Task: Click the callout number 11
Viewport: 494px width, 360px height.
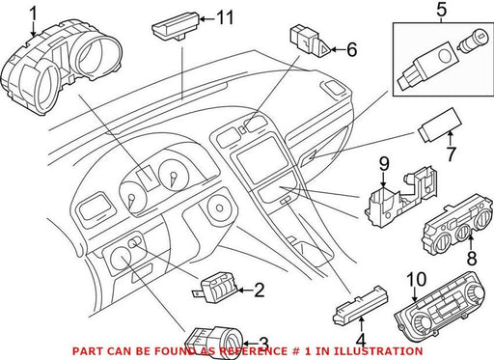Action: click(x=224, y=18)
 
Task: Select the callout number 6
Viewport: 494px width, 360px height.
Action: click(x=351, y=49)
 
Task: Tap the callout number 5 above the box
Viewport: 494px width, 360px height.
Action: click(x=441, y=10)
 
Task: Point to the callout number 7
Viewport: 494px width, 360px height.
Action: click(x=451, y=154)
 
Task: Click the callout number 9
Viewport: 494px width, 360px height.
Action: click(x=384, y=163)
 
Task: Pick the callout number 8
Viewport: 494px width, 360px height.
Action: click(x=472, y=258)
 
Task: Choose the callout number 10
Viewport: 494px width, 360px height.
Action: click(x=417, y=280)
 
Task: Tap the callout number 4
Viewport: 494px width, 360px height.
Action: click(x=362, y=340)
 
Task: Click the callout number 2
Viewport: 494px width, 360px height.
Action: click(x=259, y=290)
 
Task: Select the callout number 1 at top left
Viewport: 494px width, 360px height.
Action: click(x=34, y=14)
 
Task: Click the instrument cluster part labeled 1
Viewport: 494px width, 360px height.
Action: click(x=61, y=66)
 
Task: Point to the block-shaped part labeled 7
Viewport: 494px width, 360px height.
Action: click(x=439, y=125)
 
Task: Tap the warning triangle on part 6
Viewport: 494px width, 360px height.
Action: click(x=324, y=50)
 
